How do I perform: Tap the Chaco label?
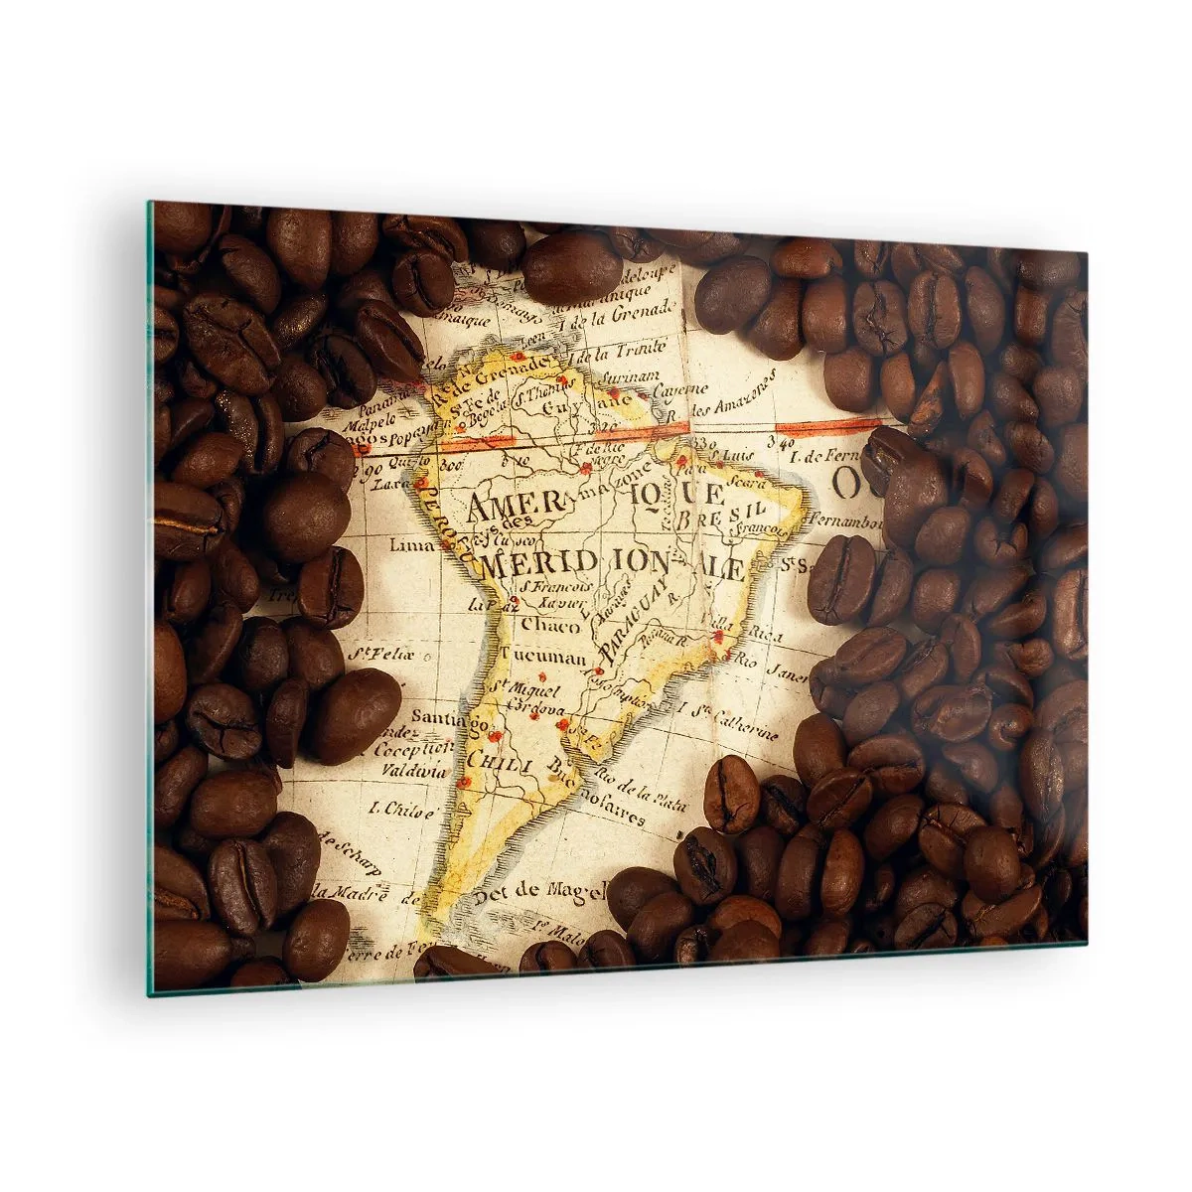(543, 626)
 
